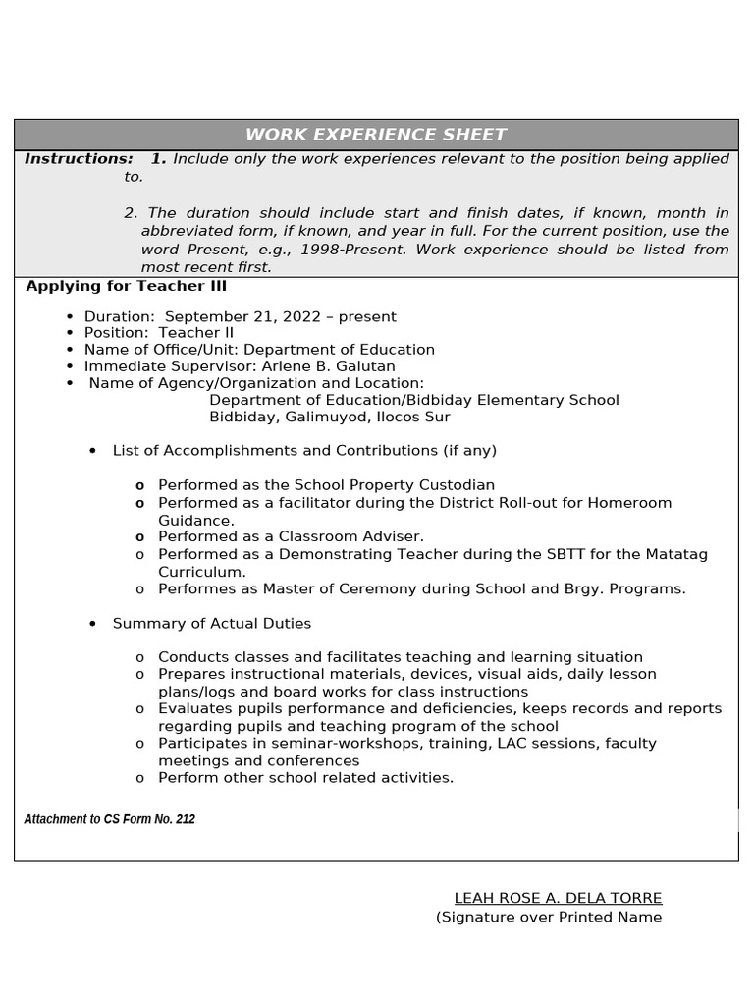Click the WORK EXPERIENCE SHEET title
pos(376,135)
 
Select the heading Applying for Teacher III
pos(126,286)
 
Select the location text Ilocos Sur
pos(413,417)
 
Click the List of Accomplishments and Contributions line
pos(304,450)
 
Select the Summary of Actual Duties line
pos(212,623)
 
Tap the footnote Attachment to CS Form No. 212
pos(109,819)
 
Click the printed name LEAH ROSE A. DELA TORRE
pos(558,898)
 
